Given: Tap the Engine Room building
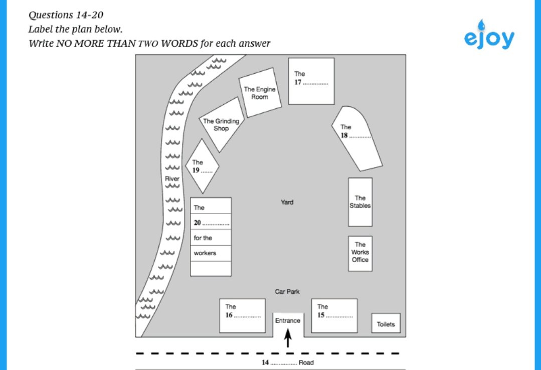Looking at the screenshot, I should tap(260, 94).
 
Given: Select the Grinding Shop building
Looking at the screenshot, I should tap(221, 125).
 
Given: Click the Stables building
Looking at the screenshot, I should tap(360, 202).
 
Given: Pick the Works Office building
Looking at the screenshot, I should tap(360, 253).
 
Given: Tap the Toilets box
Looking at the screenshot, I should tap(386, 324).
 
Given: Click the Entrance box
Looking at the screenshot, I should tap(287, 320).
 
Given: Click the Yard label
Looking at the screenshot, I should tap(287, 202).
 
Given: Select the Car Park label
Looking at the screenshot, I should tap(287, 291).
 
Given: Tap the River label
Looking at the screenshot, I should tap(172, 178).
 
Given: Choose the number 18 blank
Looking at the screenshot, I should tap(360, 136).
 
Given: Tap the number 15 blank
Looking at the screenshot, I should tap(340, 316).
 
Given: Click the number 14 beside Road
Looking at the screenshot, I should tap(265, 362).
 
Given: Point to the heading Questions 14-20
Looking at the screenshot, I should tap(66, 15).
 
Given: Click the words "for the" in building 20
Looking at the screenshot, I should tap(203, 238).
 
